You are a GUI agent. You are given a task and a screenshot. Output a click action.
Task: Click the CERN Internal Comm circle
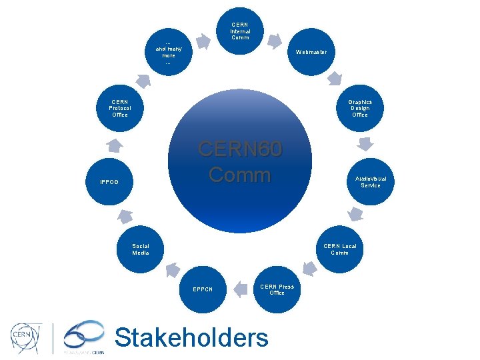[240, 31]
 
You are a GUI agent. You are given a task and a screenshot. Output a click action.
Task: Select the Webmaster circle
[311, 52]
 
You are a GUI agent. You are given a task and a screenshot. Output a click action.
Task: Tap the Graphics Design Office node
[360, 108]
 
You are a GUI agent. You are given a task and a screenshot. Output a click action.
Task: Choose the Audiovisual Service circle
[371, 182]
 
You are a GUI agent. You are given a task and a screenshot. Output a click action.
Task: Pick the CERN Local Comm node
[339, 249]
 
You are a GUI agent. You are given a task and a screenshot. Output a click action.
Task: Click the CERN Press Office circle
[277, 289]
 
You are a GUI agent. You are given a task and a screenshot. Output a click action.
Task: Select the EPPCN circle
[203, 289]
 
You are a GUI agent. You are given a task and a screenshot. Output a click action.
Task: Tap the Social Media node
[141, 249]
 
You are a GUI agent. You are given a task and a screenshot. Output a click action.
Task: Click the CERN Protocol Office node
[120, 108]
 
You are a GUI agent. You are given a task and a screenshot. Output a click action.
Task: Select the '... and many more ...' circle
[169, 52]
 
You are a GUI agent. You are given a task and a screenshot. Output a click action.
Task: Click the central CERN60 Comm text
[240, 162]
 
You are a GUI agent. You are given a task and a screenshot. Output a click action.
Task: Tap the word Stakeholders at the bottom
[192, 338]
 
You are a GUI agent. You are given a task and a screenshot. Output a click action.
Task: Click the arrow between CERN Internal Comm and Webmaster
[275, 41]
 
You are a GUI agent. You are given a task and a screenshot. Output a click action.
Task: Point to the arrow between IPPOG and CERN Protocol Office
[115, 145]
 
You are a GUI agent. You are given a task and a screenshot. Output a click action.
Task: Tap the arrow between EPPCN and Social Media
[171, 269]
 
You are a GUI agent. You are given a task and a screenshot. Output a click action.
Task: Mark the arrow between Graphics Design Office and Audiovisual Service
[365, 145]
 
